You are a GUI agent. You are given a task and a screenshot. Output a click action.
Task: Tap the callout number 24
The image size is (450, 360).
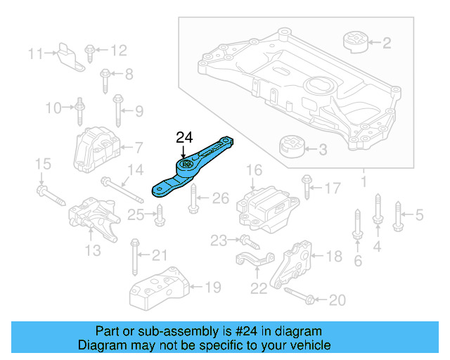pyautogui.click(x=184, y=137)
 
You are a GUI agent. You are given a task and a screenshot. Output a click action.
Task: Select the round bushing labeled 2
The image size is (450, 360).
pyautogui.click(x=356, y=41)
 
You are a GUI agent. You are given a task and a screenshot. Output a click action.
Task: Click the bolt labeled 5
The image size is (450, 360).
pyautogui.click(x=398, y=215)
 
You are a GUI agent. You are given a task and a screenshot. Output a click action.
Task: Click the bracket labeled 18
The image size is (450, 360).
pyautogui.click(x=296, y=265)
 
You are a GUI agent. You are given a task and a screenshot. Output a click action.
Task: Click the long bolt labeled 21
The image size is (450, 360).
pyautogui.click(x=134, y=258)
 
